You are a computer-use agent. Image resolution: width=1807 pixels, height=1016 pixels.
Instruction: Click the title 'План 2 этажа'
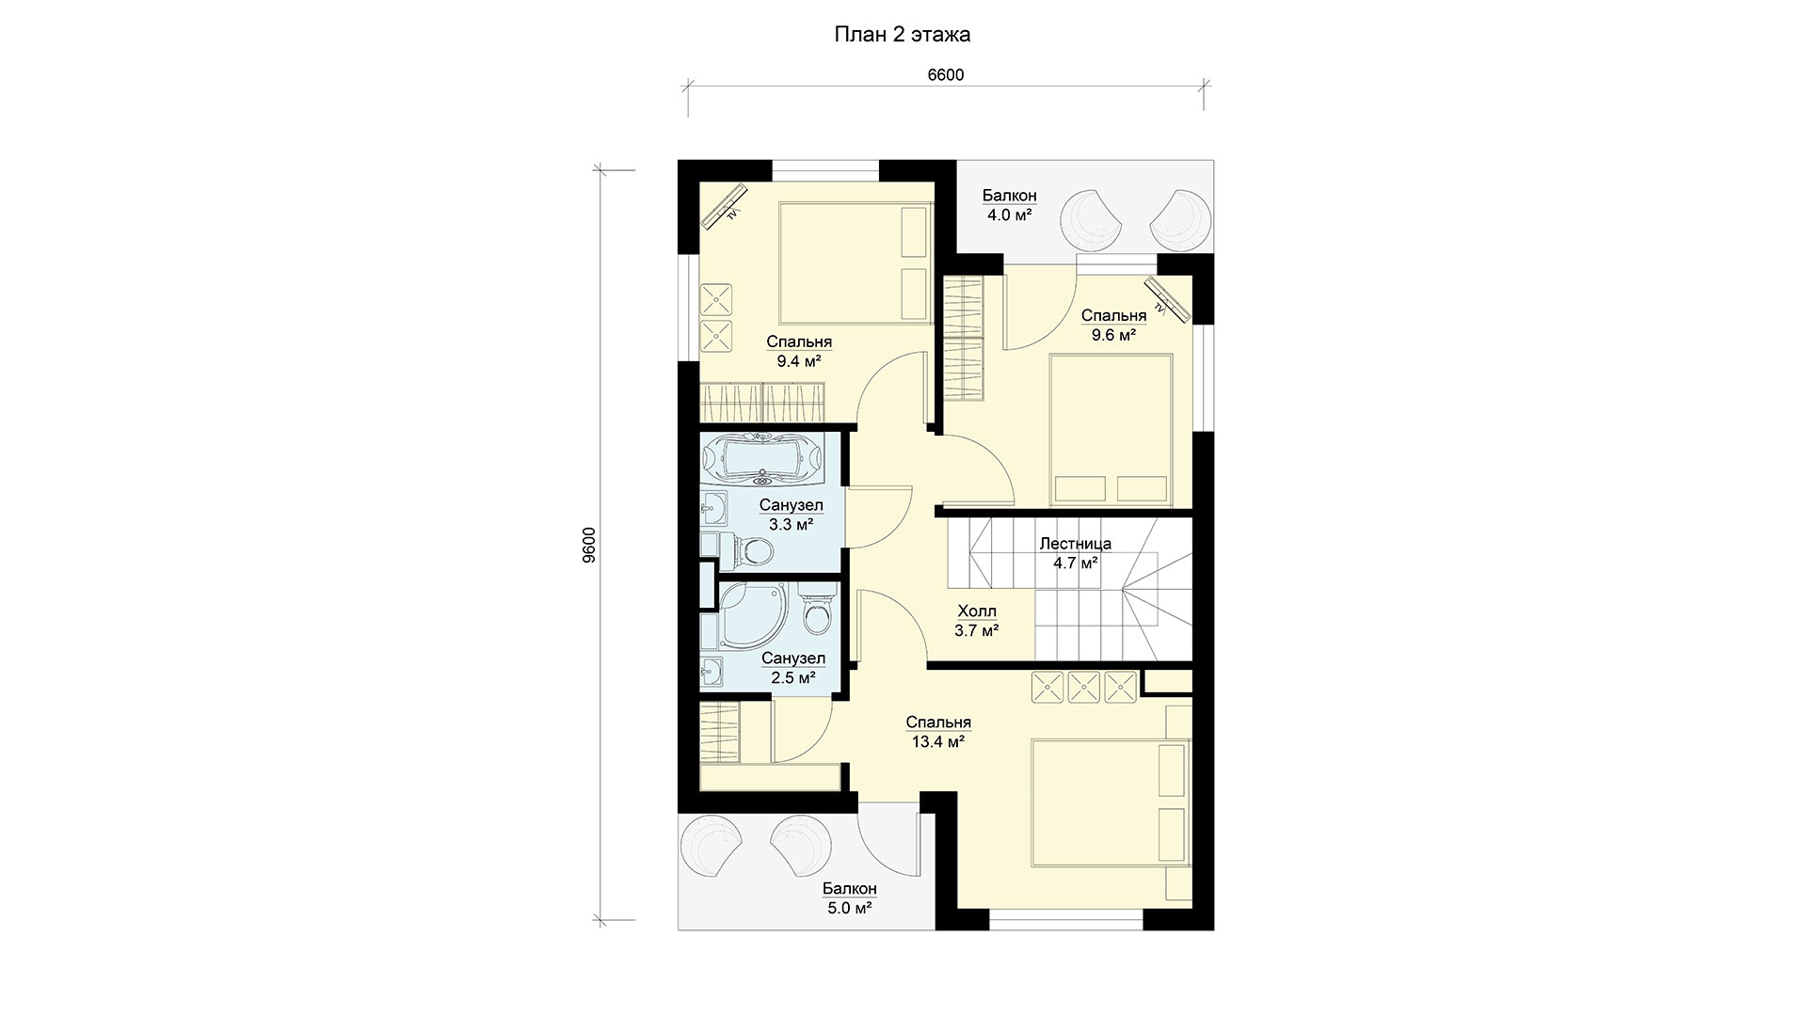903,35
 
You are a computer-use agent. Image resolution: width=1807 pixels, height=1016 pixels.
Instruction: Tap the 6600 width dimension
946,75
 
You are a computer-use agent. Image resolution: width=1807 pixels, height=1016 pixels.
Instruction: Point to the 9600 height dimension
589,545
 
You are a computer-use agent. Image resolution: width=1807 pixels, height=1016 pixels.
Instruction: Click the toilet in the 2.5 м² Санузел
815,611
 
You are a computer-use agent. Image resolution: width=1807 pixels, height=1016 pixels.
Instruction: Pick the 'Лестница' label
1075,544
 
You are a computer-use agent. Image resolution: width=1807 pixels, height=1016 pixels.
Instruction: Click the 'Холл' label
976,611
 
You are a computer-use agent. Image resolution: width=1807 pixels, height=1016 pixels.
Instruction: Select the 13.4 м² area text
938,741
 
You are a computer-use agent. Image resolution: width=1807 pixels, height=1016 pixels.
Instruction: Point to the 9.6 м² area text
1113,334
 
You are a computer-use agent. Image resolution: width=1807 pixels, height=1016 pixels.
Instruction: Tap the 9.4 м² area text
799,360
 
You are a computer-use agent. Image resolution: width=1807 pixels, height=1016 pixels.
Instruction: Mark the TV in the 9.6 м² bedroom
1167,298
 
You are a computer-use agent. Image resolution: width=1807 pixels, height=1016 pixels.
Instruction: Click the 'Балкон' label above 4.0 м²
1010,196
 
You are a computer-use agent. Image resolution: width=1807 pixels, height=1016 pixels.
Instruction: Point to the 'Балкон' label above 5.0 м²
850,889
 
